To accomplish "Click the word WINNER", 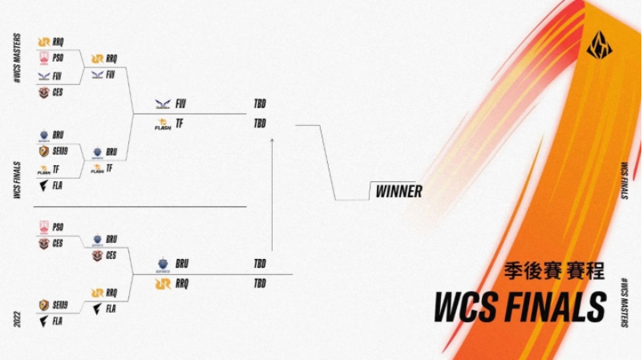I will [398, 192].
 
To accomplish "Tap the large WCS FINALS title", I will [520, 306].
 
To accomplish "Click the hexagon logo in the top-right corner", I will [599, 46].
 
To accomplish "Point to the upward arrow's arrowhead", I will [272, 141].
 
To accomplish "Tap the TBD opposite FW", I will [260, 103].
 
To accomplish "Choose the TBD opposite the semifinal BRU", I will [260, 264].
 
